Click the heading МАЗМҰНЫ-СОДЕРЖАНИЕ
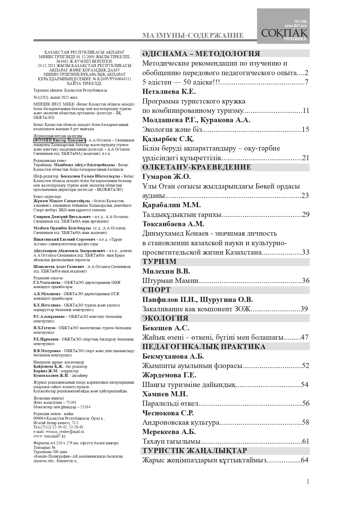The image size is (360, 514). click(193, 35)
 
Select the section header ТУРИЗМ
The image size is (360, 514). click(159, 261)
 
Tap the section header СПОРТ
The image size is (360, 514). click(156, 290)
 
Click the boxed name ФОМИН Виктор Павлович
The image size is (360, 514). click(60, 140)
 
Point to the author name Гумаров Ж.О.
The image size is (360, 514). click(166, 177)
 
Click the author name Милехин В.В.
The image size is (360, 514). click(166, 271)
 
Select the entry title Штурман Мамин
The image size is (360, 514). click(170, 281)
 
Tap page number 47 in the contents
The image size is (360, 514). click(304, 337)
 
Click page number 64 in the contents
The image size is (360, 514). click(304, 460)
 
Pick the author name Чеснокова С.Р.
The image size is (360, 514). click(168, 413)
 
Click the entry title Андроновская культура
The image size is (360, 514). click(181, 422)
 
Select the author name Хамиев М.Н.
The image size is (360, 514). click(165, 394)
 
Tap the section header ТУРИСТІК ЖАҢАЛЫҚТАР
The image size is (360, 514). click(194, 450)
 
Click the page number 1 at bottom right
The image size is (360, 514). click(308, 481)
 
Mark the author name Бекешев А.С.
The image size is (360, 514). click(166, 328)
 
